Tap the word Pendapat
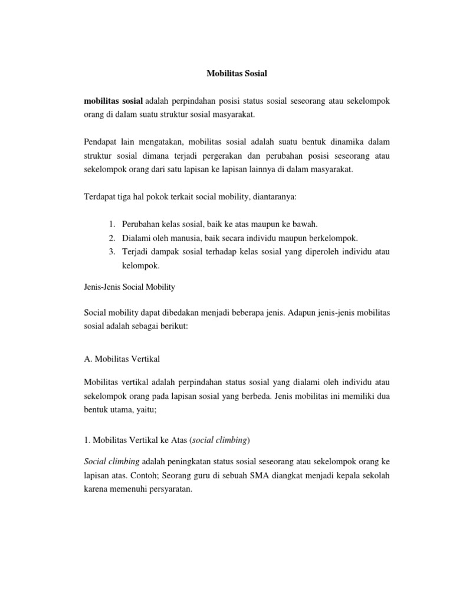point(101,142)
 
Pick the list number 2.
point(111,238)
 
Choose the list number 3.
point(111,252)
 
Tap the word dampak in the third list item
point(166,252)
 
